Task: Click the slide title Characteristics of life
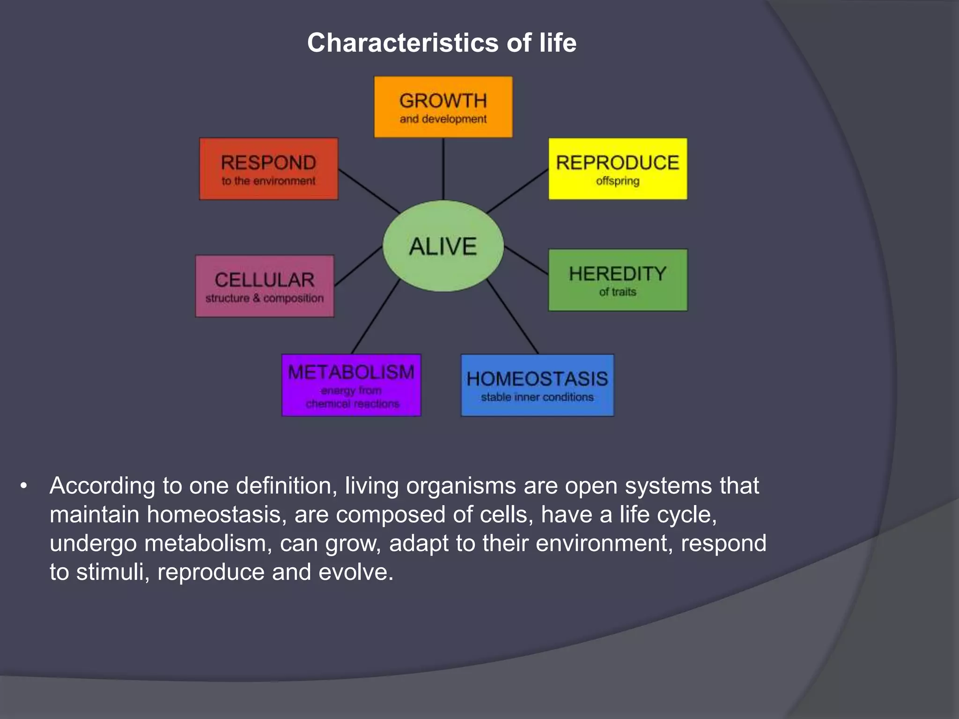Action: tap(442, 43)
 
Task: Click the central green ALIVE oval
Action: tap(443, 246)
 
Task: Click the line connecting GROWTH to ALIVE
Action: tap(443, 169)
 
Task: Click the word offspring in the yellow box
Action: tap(618, 181)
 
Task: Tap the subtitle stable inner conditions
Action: tap(537, 397)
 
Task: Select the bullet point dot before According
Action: tap(24, 486)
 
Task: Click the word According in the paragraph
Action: tap(102, 486)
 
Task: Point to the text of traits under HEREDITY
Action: tap(618, 292)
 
